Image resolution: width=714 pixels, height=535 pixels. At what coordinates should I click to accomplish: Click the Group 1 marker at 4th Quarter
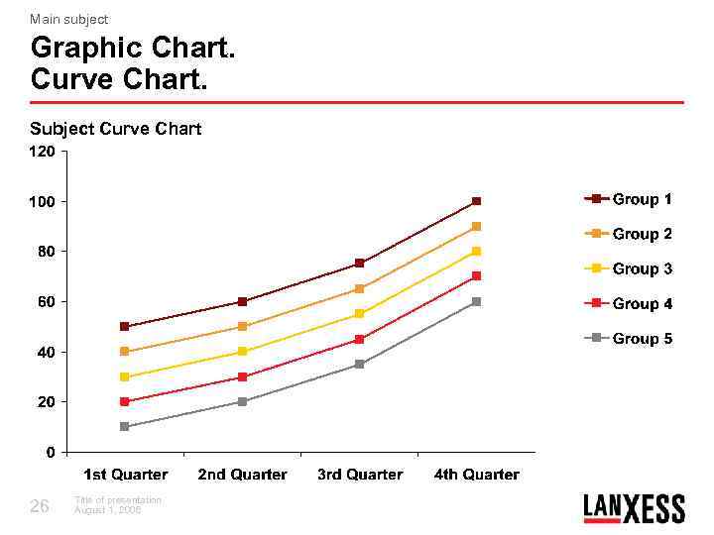tap(477, 201)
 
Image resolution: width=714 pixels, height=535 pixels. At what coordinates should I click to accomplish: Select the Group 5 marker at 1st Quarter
tap(124, 427)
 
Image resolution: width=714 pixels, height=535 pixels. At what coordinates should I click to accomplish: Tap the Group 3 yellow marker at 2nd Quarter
tap(242, 352)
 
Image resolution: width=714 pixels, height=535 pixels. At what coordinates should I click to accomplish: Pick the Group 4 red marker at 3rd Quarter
tap(359, 340)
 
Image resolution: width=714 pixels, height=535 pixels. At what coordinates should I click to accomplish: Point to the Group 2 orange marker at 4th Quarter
tap(477, 227)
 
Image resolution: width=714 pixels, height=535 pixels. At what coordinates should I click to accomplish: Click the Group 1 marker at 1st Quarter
tap(124, 327)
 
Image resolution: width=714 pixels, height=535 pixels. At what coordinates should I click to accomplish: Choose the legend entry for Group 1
tap(629, 199)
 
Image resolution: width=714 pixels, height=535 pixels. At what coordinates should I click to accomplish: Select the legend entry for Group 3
tap(629, 268)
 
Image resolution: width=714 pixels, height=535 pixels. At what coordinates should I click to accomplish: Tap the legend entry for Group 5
tap(629, 339)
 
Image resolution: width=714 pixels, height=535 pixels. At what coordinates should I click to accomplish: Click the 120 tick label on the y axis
tap(42, 152)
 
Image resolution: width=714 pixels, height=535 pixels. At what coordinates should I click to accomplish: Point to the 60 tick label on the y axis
tap(46, 301)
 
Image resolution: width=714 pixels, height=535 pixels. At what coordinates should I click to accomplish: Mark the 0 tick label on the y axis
tap(50, 452)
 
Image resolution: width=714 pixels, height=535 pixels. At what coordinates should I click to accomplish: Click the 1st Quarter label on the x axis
tap(125, 475)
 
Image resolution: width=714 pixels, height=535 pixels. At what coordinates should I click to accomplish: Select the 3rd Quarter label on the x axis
tap(360, 475)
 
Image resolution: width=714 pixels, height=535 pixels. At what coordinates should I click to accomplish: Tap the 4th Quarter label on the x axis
tap(477, 475)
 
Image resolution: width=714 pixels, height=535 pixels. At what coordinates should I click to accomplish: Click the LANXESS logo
tap(634, 508)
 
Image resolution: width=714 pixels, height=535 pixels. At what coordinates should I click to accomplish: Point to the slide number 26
tap(40, 507)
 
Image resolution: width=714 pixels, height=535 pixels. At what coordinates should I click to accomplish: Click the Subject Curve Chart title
tap(115, 129)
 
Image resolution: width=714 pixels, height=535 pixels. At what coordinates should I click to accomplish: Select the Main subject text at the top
tap(68, 19)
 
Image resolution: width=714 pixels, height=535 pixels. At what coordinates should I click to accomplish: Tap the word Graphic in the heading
tap(85, 48)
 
